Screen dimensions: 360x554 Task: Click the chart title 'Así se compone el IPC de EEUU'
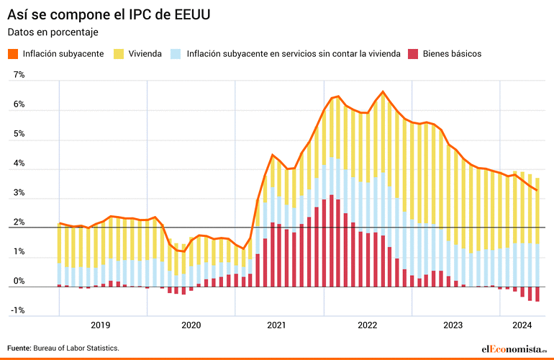(x=109, y=14)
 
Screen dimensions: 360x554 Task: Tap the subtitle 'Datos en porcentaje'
(x=53, y=32)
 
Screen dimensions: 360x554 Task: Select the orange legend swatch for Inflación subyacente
(x=13, y=54)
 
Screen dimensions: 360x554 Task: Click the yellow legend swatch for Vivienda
(x=119, y=54)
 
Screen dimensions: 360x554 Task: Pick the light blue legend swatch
(x=175, y=54)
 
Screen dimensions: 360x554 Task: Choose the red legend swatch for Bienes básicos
(x=412, y=54)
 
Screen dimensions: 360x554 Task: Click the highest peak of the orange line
(x=383, y=91)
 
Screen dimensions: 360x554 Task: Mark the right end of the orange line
(x=537, y=190)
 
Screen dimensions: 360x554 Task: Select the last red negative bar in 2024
(x=537, y=294)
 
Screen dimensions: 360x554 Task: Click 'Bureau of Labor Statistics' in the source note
(x=76, y=348)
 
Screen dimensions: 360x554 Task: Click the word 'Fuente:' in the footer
(x=19, y=348)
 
